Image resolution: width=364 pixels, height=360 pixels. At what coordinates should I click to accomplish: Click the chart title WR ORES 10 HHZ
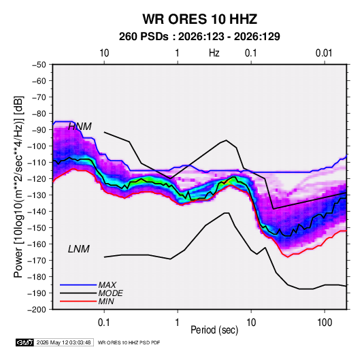pyautogui.click(x=199, y=19)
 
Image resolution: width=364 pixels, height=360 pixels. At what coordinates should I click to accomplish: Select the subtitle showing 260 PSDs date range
pyautogui.click(x=199, y=37)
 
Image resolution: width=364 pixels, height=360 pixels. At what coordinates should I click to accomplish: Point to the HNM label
pyautogui.click(x=80, y=127)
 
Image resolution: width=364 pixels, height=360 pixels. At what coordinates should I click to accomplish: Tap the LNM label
pyautogui.click(x=79, y=249)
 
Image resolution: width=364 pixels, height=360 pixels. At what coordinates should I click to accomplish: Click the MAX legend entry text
pyautogui.click(x=107, y=284)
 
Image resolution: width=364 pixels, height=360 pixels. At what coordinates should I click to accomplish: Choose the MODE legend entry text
pyautogui.click(x=110, y=293)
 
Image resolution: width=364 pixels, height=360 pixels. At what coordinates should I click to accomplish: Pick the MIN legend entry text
pyautogui.click(x=106, y=301)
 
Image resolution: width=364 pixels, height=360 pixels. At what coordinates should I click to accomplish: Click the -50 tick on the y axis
pyautogui.click(x=39, y=65)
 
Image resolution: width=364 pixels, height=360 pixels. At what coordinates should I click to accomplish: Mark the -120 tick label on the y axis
pyautogui.click(x=37, y=179)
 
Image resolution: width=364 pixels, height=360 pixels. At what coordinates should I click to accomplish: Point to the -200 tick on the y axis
pyautogui.click(x=37, y=310)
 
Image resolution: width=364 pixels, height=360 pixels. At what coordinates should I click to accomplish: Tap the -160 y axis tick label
pyautogui.click(x=37, y=244)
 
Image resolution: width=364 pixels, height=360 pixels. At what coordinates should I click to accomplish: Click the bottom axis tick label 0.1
pyautogui.click(x=104, y=323)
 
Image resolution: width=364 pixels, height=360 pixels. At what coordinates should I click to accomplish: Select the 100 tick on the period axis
pyautogui.click(x=325, y=323)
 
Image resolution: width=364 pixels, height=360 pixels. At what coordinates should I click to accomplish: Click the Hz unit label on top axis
pyautogui.click(x=214, y=53)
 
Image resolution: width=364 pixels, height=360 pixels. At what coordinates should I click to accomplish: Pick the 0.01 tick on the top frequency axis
pyautogui.click(x=324, y=53)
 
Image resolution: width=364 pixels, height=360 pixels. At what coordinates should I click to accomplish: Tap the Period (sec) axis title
pyautogui.click(x=214, y=330)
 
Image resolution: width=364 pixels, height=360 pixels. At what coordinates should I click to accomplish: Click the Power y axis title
pyautogui.click(x=18, y=186)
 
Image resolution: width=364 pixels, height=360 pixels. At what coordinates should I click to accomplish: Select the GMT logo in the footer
pyautogui.click(x=24, y=342)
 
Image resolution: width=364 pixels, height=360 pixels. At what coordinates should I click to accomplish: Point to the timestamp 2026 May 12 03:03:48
pyautogui.click(x=63, y=342)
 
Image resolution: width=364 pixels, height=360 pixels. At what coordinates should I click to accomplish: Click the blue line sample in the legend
pyautogui.click(x=78, y=284)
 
